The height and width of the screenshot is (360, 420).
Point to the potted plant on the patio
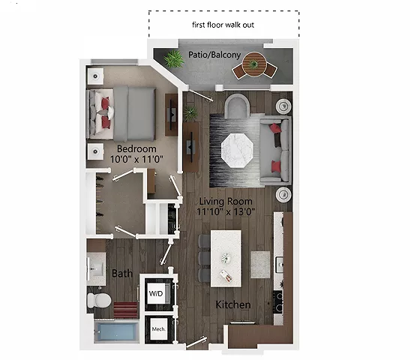173,59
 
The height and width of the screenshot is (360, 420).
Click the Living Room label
224,201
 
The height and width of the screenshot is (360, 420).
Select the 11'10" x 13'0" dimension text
224,212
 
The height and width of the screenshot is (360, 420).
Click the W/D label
157,292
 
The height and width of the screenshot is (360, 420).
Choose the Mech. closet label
158,328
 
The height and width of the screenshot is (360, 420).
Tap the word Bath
122,274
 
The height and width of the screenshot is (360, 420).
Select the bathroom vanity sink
97,267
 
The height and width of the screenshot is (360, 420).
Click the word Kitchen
233,305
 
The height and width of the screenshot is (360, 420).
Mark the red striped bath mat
126,310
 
